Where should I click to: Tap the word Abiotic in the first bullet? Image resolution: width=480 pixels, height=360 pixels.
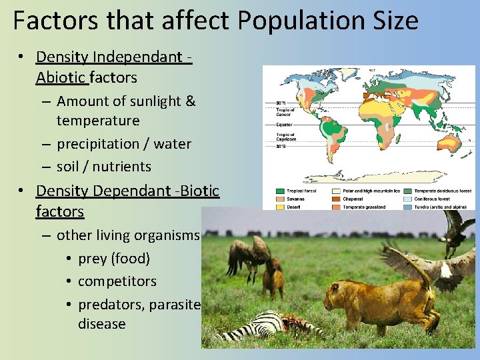point(62,77)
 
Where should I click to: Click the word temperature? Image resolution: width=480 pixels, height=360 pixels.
point(98,121)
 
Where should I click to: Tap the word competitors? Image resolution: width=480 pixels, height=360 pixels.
point(117,281)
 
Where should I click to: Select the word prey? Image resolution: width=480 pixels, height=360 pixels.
point(92,259)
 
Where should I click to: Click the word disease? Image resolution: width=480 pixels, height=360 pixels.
point(101,324)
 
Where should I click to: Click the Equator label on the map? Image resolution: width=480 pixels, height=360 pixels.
point(285,123)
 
